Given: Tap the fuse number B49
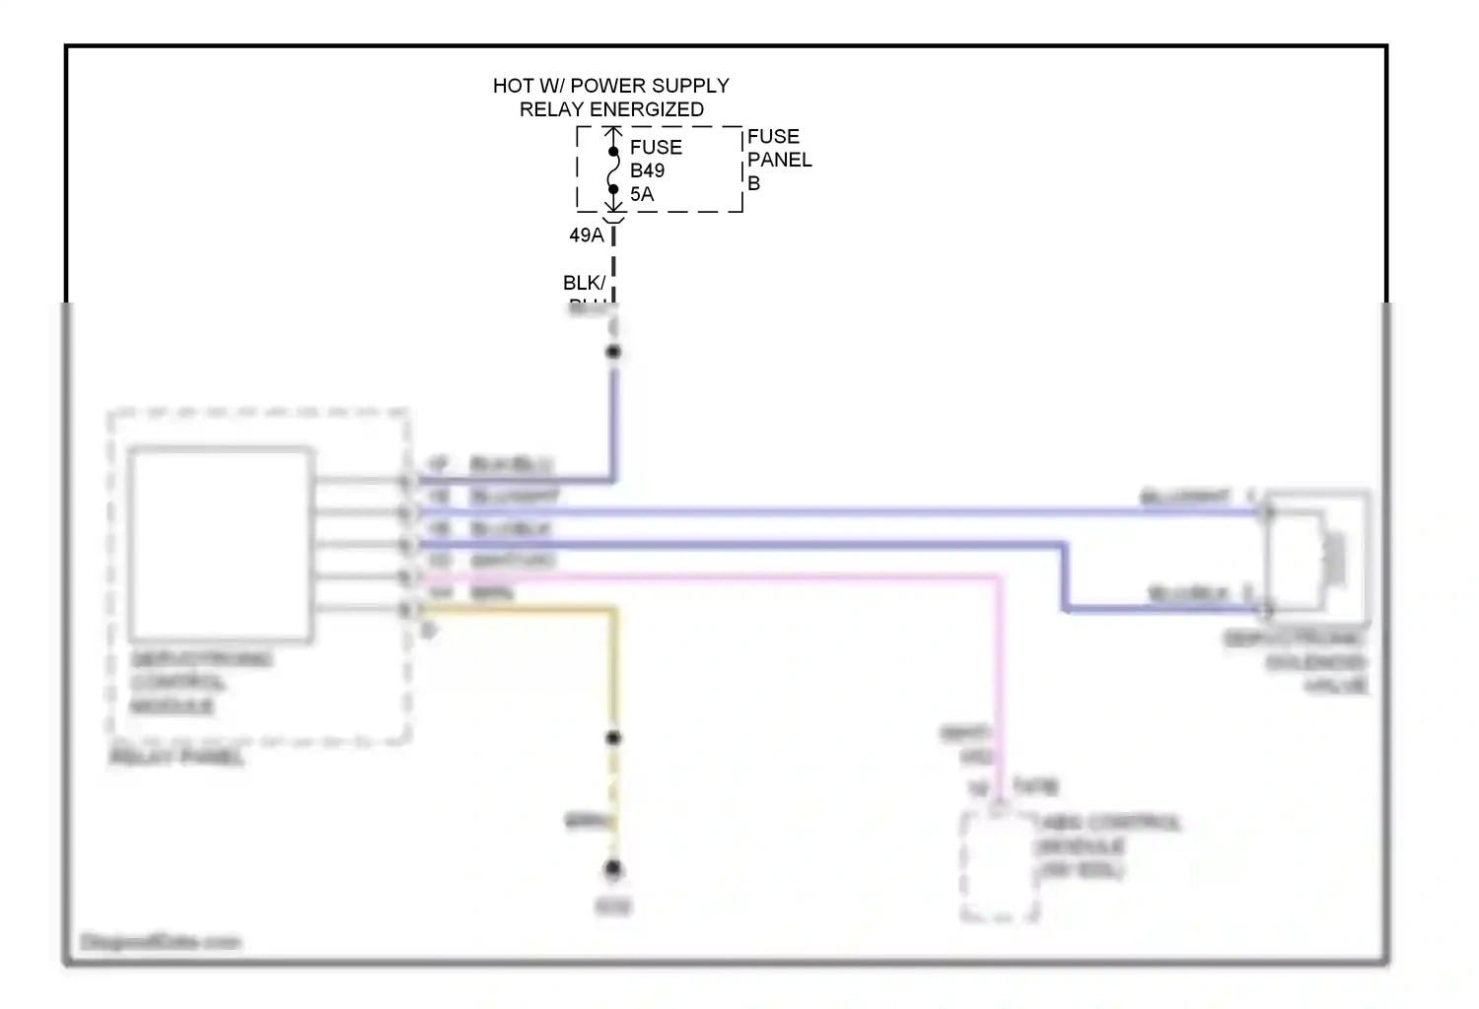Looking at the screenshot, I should point(647,170).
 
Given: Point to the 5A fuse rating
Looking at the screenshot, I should point(642,194).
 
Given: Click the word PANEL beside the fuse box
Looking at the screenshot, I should point(779,160).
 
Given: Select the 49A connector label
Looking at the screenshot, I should point(586,235).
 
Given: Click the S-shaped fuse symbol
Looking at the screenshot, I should point(613,170).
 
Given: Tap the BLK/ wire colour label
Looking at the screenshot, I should point(584,283).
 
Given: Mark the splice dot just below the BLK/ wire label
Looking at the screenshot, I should point(613,352).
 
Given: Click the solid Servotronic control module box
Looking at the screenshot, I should point(221,544).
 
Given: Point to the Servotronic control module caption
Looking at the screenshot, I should point(201,683).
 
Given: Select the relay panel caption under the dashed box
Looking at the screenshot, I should point(177,757).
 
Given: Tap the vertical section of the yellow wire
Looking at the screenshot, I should point(613,670).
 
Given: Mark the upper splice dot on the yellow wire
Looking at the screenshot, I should point(613,738).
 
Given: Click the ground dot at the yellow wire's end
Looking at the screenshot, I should point(613,869).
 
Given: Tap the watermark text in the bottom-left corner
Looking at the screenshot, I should point(161,942).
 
